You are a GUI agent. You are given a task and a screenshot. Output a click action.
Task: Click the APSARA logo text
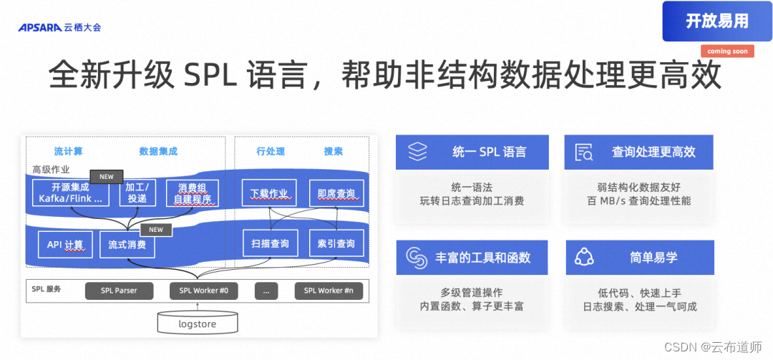[x=40, y=28]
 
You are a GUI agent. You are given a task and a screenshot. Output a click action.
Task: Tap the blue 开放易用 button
[x=716, y=21]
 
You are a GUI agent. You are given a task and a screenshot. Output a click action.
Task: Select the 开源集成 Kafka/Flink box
[x=71, y=193]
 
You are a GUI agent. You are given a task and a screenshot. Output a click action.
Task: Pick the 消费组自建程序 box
[x=192, y=193]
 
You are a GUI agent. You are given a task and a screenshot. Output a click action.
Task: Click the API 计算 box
[x=65, y=245]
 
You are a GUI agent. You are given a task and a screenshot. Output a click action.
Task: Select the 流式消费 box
[x=127, y=245]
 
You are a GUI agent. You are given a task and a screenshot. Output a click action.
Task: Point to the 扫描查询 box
[x=269, y=244]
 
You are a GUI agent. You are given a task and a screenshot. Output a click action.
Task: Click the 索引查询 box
[x=336, y=244]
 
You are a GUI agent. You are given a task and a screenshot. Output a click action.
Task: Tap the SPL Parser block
[x=119, y=291]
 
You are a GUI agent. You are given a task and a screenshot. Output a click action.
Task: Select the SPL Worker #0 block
[x=204, y=291]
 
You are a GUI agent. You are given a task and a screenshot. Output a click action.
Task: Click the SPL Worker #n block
[x=329, y=291]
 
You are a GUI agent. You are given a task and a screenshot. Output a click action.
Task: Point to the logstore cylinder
[x=197, y=323]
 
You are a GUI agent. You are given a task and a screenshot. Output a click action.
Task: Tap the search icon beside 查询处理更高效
[x=583, y=152]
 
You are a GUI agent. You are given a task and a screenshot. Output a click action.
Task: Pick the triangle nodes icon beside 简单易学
[x=585, y=257]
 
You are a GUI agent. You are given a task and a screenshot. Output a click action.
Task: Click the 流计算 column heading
[x=69, y=151]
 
